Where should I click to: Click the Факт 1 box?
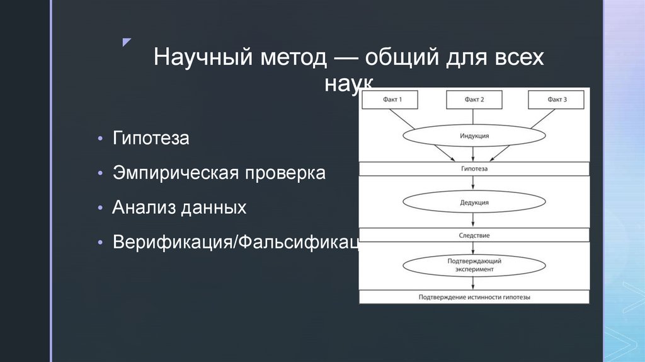point(392,100)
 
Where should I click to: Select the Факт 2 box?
point(474,100)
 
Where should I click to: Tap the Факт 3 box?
point(556,100)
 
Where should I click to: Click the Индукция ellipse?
point(474,136)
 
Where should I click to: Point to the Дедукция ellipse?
point(474,202)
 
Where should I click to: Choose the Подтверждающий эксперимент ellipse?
point(474,265)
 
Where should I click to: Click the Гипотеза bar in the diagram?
point(474,169)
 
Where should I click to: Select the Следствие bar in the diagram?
point(474,235)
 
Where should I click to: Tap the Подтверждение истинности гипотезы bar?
point(474,296)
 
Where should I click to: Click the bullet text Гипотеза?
point(151,138)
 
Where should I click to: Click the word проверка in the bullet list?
point(286,173)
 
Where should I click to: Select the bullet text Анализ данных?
point(180,208)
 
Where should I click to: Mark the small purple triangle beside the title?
point(127,42)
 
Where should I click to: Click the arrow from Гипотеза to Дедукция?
point(473,183)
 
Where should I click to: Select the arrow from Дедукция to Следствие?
point(473,220)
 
